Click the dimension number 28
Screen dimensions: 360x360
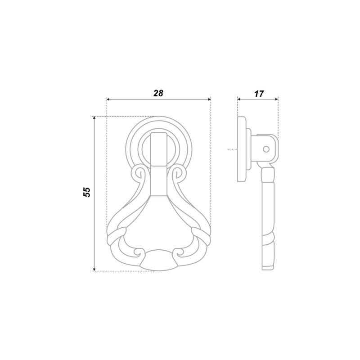coord(158,93)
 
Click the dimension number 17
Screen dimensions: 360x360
coord(259,94)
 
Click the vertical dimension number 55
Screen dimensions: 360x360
coord(87,192)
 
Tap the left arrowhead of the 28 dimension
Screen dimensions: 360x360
coord(108,99)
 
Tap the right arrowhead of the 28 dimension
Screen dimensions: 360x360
coord(209,99)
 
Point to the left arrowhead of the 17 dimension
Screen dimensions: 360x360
coord(239,99)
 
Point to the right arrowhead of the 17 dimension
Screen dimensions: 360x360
coord(276,99)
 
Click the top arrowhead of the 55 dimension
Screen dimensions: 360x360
coord(94,118)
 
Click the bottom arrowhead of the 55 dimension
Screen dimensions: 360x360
coord(94,269)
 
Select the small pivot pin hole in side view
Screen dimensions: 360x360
coord(266,149)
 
